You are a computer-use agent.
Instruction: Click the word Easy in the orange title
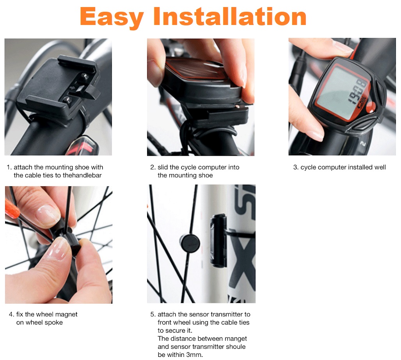coord(112,17)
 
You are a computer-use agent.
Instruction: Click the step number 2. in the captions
coord(153,167)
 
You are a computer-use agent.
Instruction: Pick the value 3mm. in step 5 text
coord(194,355)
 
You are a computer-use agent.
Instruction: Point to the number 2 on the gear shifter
coord(363,144)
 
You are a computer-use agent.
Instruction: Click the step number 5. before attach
coord(153,314)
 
